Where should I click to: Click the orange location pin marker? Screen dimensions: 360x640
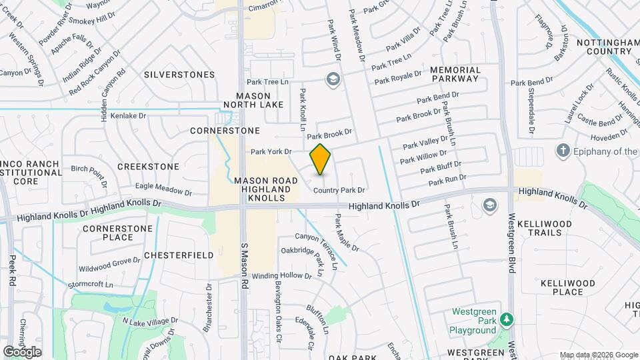[x=321, y=159]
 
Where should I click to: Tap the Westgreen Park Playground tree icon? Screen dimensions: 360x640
[x=506, y=321]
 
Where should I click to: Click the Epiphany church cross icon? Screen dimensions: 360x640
[x=563, y=151]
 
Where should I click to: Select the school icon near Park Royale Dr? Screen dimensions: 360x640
[x=331, y=80]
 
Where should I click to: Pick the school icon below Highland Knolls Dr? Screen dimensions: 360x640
[x=490, y=204]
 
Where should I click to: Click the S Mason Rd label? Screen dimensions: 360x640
[x=245, y=266]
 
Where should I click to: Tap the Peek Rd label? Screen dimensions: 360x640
[x=12, y=267]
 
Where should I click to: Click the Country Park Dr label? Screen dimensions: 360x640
[x=339, y=191]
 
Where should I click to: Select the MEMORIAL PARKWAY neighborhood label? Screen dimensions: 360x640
[x=455, y=74]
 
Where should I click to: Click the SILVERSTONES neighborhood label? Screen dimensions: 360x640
[x=179, y=75]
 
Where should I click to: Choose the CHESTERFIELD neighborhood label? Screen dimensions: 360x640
[x=178, y=255]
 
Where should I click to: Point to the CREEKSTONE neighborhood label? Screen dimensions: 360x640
[x=148, y=166]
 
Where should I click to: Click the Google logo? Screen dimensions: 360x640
[x=22, y=351]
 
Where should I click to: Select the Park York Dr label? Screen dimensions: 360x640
[x=271, y=152]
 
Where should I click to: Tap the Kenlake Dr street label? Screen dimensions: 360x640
[x=128, y=116]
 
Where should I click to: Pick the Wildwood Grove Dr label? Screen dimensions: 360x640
[x=109, y=265]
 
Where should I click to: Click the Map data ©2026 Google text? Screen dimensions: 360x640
[x=598, y=355]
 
